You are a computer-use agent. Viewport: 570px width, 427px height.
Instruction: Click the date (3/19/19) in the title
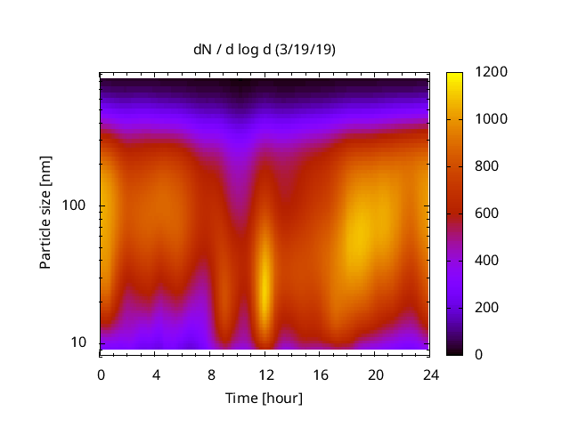point(305,50)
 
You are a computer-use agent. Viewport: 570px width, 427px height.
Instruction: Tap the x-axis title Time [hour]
point(265,398)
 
